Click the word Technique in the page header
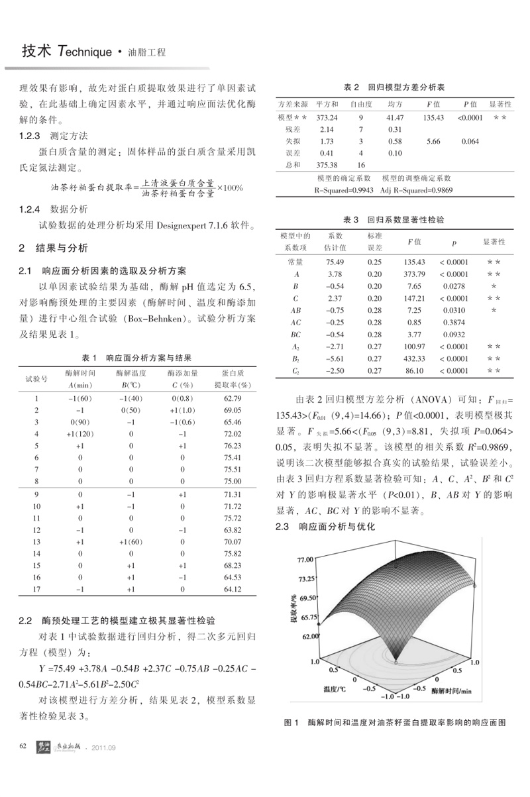pyautogui.click(x=85, y=52)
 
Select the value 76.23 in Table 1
pyautogui.click(x=232, y=446)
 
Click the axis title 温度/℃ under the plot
pyautogui.click(x=335, y=689)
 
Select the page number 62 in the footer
pyautogui.click(x=23, y=747)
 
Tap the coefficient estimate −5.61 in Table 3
pyautogui.click(x=335, y=358)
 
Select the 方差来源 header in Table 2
pyautogui.click(x=292, y=105)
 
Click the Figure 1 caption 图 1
pyautogui.click(x=292, y=721)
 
